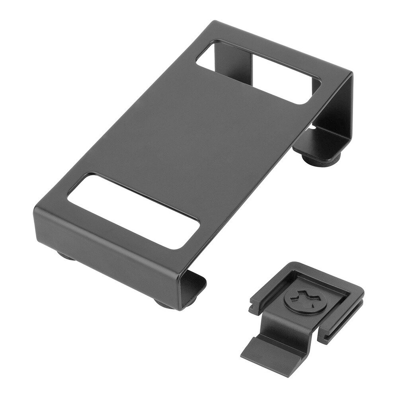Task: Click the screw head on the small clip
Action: (x=306, y=299)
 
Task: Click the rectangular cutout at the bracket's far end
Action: (x=259, y=72)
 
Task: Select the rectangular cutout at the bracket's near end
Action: (x=133, y=211)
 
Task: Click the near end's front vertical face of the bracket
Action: (x=107, y=247)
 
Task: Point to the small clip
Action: (x=302, y=310)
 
